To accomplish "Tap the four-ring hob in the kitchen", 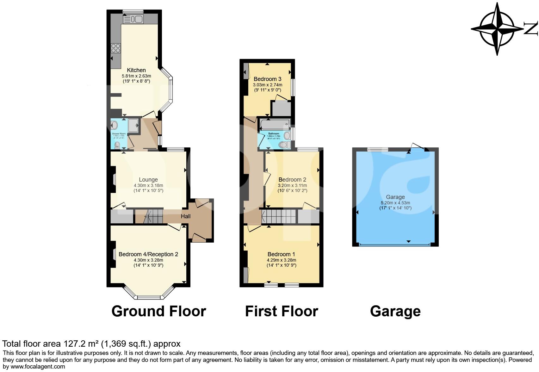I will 115,48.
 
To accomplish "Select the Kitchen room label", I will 136,70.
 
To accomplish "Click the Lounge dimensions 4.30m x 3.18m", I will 148,185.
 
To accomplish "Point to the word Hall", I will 186,216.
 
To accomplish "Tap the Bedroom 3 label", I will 267,79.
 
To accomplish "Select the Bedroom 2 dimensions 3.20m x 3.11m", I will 292,185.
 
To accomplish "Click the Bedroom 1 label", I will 281,254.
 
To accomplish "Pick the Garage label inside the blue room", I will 395,197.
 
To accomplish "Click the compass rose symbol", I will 497,29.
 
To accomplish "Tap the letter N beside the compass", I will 531,28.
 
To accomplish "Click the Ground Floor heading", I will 159,311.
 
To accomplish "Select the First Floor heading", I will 281,311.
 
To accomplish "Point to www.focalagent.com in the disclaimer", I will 38,367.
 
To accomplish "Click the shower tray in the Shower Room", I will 133,125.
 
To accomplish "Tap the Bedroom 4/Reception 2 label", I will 148,254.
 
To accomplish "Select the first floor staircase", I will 279,216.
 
